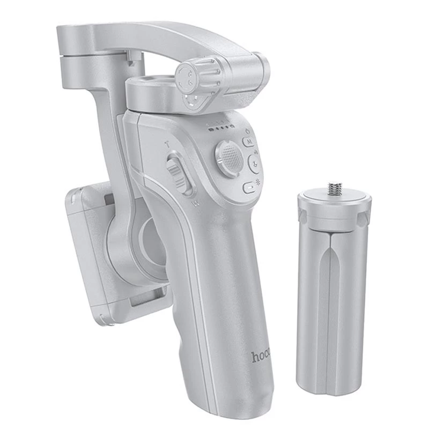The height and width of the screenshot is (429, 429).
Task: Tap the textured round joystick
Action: click(229, 158)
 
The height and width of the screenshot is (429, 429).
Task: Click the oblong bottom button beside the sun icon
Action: click(249, 188)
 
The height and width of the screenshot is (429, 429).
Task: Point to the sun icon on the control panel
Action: click(262, 183)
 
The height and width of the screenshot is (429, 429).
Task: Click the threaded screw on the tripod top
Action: click(335, 189)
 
